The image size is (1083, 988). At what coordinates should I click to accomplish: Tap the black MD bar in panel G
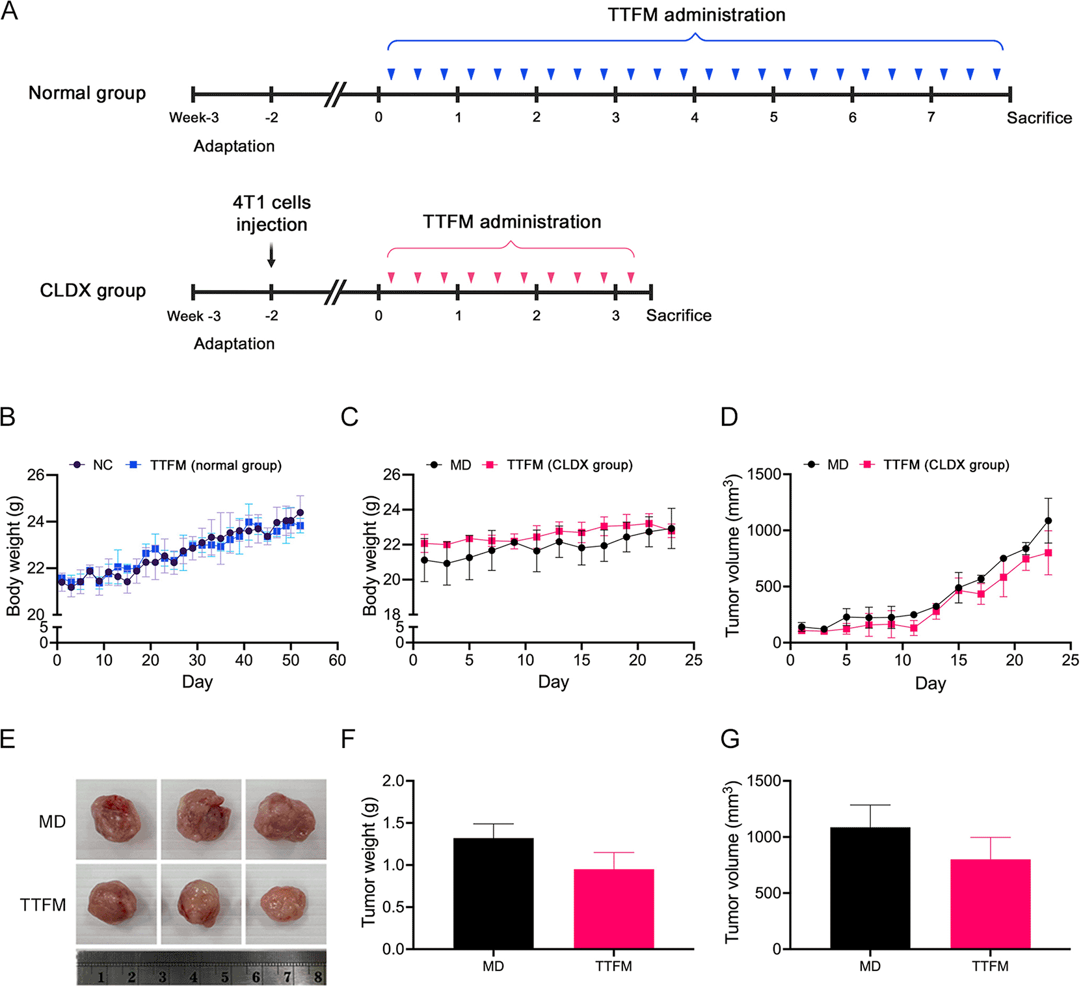pos(870,888)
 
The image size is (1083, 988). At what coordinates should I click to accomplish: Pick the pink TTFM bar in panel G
pos(990,904)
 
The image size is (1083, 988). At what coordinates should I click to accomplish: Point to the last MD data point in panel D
pos(1048,521)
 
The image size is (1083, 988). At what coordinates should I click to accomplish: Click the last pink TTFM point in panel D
pos(1048,553)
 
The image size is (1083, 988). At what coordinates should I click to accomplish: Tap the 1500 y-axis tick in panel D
pos(768,474)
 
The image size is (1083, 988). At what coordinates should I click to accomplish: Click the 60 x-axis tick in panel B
pos(338,660)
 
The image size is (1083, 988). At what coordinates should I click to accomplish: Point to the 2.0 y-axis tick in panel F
pos(394,781)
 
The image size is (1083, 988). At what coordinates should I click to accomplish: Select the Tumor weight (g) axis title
pos(369,861)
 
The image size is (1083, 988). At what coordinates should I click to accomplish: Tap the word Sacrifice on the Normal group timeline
pos(1039,118)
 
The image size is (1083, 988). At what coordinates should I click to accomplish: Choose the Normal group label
pos(87,93)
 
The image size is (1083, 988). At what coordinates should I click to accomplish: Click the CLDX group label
pos(92,290)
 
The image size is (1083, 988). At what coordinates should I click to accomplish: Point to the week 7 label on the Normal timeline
pos(931,117)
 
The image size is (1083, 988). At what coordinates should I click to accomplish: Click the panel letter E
pos(8,740)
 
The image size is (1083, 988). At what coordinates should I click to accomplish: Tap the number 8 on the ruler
pos(317,976)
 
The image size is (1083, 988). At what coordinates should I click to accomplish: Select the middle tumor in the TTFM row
pos(200,903)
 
